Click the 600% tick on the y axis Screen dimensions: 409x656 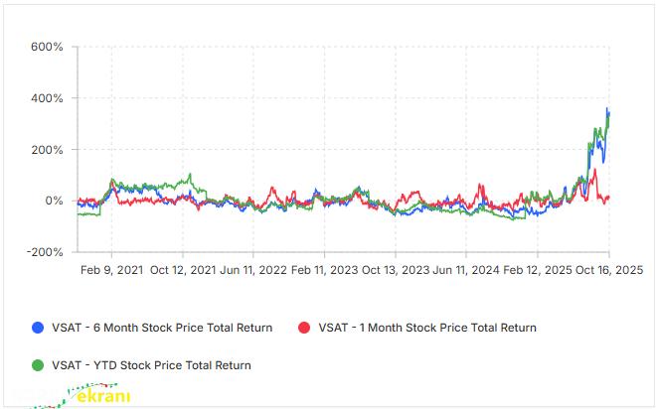(x=46, y=47)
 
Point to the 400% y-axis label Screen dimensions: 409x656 (x=46, y=98)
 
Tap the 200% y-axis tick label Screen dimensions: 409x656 (x=46, y=150)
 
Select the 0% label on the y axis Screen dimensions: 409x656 (x=54, y=201)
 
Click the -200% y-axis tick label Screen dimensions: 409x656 (x=44, y=252)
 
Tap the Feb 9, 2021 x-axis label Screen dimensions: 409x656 (x=110, y=270)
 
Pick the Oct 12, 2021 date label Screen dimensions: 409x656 (x=182, y=270)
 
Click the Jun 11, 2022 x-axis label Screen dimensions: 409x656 (x=252, y=270)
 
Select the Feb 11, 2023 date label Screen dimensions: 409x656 (x=323, y=270)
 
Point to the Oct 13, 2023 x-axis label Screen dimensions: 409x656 (x=394, y=270)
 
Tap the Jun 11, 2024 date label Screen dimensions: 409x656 (x=465, y=270)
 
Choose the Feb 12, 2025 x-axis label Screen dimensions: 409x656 (x=537, y=270)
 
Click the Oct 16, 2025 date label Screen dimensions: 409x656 (x=608, y=270)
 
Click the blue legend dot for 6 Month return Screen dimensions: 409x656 (x=38, y=328)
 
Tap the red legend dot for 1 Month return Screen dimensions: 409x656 (x=304, y=328)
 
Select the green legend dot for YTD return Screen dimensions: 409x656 (x=38, y=365)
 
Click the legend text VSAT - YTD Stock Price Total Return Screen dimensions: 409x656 (x=151, y=365)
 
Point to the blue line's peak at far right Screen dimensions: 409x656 (x=607, y=108)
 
